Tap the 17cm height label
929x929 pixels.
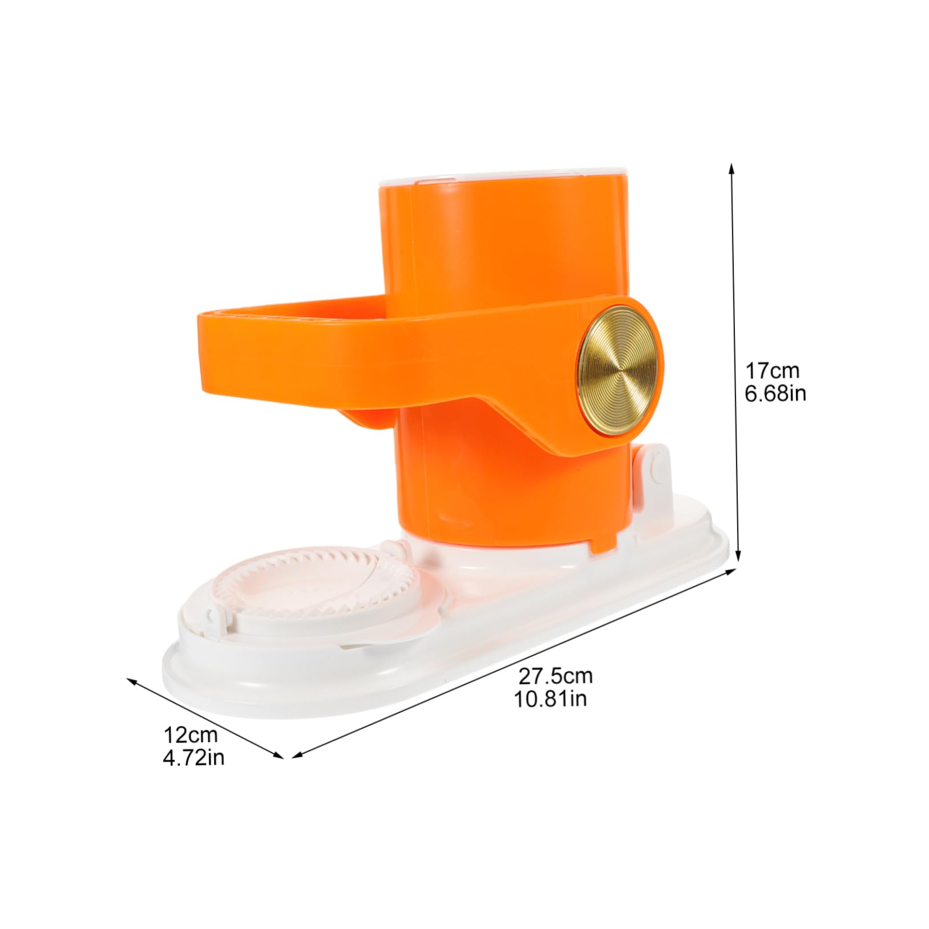point(773,371)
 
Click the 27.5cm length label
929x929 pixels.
point(555,676)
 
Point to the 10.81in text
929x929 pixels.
point(552,698)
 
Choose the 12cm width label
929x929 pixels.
point(191,734)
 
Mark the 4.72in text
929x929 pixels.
point(193,757)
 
